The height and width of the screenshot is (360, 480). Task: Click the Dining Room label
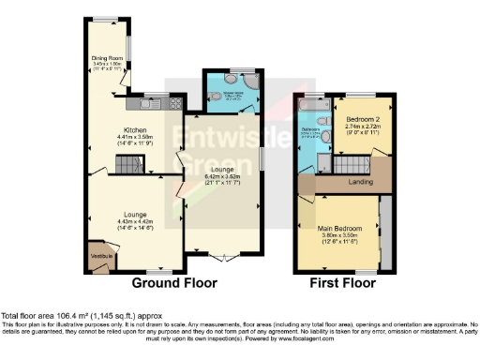point(108,58)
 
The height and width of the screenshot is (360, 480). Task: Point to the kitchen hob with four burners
point(172,103)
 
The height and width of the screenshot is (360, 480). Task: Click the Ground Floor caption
point(173,282)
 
